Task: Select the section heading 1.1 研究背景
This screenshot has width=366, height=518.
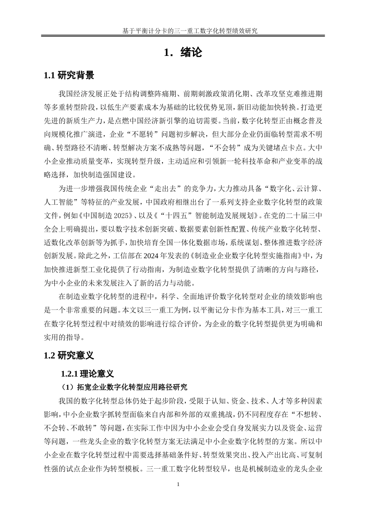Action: point(69,76)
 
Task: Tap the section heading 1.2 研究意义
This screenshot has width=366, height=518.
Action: point(69,355)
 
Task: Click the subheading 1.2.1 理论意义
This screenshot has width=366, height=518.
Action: point(87,373)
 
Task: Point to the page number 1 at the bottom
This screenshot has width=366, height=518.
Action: point(178,484)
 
